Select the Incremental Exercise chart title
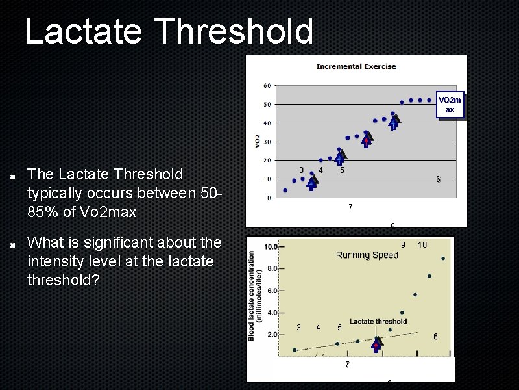356,66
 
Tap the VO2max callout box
450,105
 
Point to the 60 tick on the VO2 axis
267,86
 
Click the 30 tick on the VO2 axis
267,142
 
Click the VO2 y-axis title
258,140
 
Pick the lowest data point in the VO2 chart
285,190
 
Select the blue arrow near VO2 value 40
394,122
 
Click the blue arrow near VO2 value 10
312,183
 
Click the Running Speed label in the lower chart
367,255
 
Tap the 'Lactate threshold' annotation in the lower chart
378,321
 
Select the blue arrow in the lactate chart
377,344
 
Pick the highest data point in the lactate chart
443,259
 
